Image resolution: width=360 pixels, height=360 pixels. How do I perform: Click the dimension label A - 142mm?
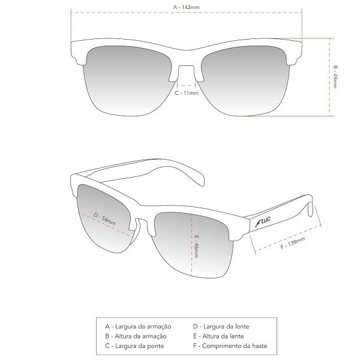[x=186, y=7]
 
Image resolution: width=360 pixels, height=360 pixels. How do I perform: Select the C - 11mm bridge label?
[x=186, y=94]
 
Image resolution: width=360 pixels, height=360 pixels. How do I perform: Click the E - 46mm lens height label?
[x=196, y=245]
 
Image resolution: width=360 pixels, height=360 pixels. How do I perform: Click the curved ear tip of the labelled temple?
[x=313, y=210]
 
